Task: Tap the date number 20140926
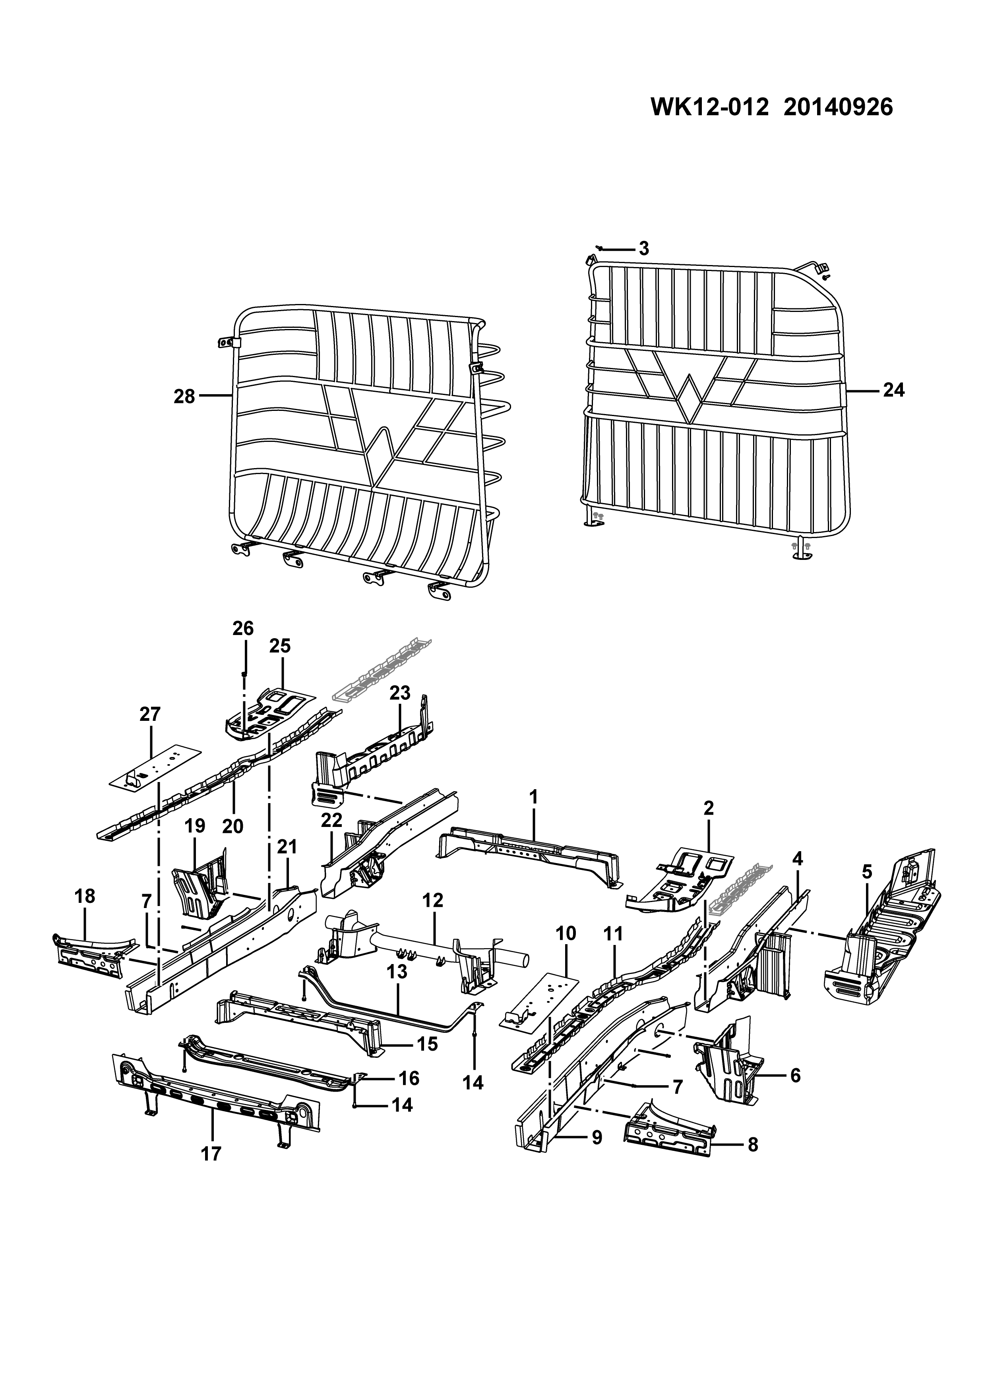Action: (839, 107)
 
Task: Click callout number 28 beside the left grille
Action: (184, 397)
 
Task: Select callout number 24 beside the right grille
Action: (894, 390)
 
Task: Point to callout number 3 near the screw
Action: (644, 248)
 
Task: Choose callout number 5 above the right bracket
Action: (867, 873)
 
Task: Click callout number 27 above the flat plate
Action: (150, 714)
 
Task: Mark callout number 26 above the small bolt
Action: (243, 628)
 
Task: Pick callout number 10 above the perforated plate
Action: (566, 933)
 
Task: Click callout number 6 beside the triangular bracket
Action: (795, 1075)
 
